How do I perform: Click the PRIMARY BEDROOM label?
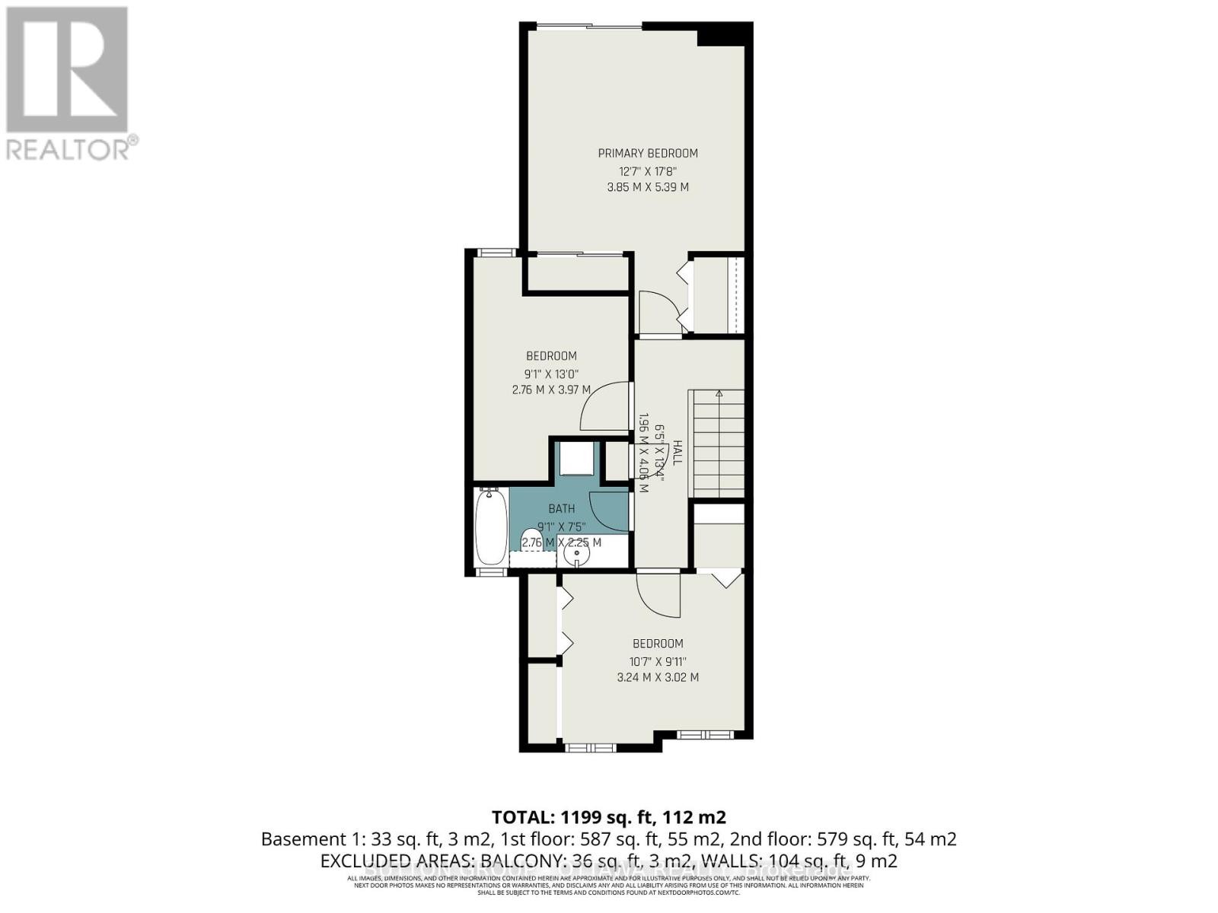[x=647, y=153]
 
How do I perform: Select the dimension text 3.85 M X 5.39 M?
[x=647, y=186]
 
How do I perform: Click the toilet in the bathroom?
[x=532, y=541]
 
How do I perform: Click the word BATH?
[x=562, y=508]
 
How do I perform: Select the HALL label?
[x=677, y=452]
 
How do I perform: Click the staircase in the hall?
[x=716, y=441]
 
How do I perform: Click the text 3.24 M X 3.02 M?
[x=658, y=677]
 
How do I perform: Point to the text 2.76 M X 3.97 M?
[x=550, y=390]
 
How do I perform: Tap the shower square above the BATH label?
[x=576, y=460]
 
